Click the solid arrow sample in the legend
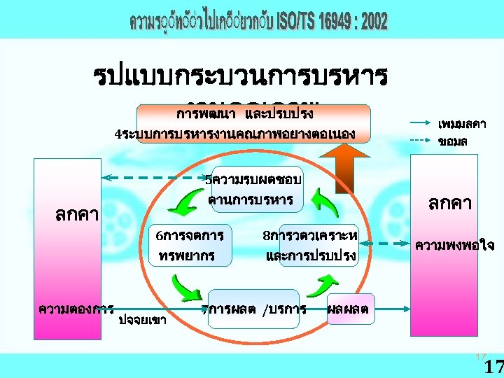tap(420, 122)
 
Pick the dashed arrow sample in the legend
tap(420, 140)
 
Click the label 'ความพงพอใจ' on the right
tap(454, 245)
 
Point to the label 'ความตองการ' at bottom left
tap(76, 307)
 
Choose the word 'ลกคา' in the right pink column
tap(450, 203)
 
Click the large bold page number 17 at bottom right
tap(493, 366)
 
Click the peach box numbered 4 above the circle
tap(253, 123)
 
